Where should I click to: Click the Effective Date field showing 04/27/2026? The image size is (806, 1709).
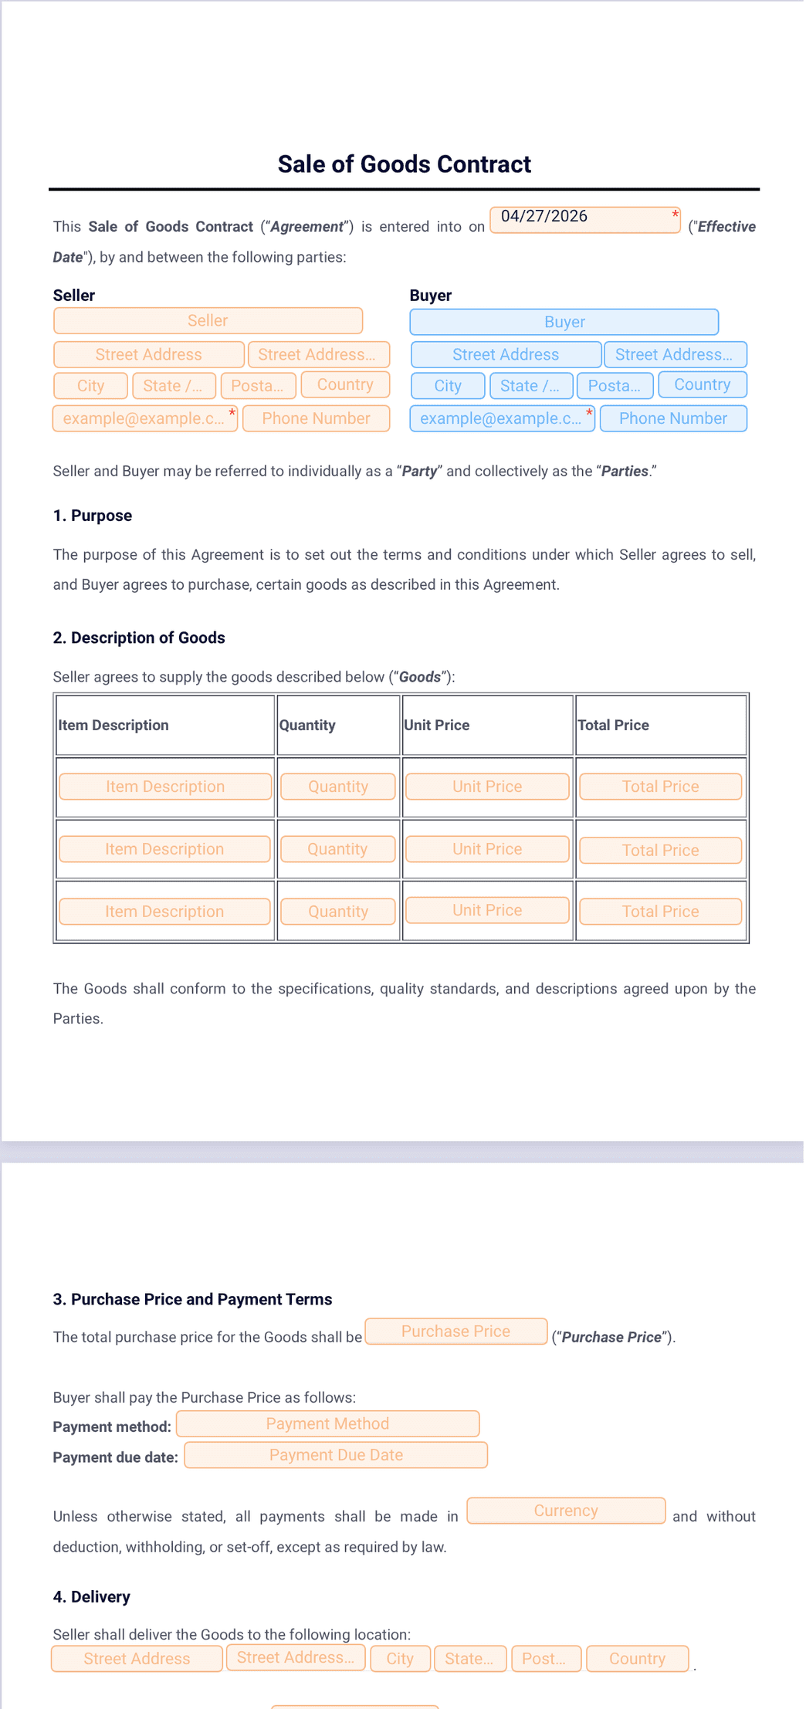click(584, 219)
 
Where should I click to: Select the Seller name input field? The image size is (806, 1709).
click(208, 320)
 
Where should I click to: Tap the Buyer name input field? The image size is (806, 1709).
click(564, 322)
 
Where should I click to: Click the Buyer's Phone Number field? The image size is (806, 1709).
click(672, 418)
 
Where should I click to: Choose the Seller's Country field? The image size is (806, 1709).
click(344, 384)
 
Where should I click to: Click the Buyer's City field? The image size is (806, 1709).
click(448, 385)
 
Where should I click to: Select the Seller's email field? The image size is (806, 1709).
click(145, 418)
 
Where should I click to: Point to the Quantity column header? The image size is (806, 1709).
click(307, 725)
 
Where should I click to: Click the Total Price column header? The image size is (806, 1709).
click(613, 725)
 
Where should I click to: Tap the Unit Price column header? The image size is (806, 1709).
click(436, 725)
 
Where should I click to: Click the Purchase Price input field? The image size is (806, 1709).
click(455, 1332)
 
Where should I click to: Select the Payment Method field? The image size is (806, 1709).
click(327, 1423)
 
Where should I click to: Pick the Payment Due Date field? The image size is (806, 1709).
click(336, 1455)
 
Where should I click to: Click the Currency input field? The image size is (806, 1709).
click(566, 1511)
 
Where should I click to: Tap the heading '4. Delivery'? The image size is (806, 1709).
click(91, 1596)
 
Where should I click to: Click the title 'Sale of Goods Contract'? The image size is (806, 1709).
click(404, 164)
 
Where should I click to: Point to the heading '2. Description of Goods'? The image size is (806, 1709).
click(139, 638)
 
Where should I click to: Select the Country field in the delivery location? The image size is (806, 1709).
click(637, 1658)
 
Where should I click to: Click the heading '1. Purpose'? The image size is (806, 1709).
click(93, 516)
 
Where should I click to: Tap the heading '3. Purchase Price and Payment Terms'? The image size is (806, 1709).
click(192, 1299)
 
